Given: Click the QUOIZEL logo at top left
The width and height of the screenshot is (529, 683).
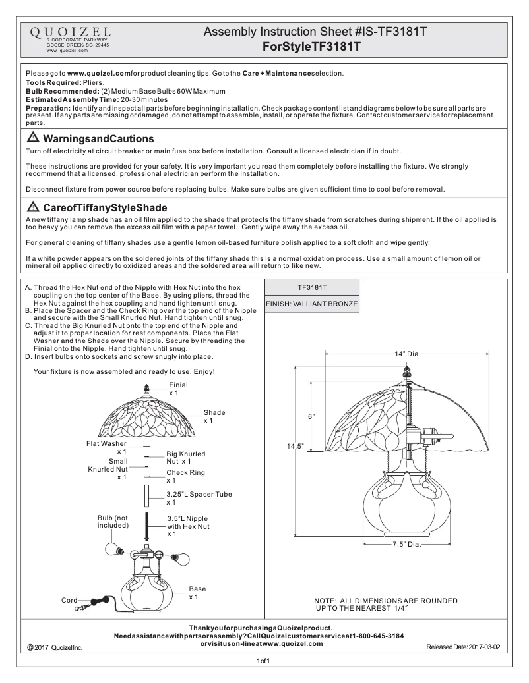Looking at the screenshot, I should tap(69, 32).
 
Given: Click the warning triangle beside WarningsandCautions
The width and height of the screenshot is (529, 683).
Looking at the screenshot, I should tap(33, 138).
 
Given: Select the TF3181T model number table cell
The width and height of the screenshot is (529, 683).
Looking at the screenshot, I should tap(312, 288).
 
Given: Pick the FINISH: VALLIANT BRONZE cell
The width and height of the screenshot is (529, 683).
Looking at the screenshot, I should tap(312, 304).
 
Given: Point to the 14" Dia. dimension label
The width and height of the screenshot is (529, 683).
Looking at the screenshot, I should tap(407, 354).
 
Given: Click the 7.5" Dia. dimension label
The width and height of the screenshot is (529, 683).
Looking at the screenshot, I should tap(406, 545).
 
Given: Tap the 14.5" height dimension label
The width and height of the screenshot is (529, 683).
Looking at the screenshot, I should tap(294, 446).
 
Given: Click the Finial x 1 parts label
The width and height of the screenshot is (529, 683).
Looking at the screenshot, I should tap(178, 388).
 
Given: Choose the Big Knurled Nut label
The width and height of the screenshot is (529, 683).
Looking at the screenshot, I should tap(185, 458).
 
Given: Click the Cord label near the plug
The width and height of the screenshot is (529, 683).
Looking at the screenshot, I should tap(69, 600).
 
